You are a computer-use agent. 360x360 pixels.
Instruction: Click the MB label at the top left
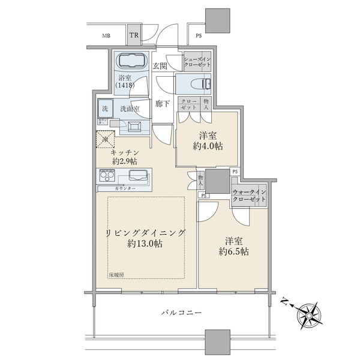click(106, 36)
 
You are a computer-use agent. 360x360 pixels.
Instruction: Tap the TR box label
click(136, 36)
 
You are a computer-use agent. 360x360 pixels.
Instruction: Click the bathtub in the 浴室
click(130, 62)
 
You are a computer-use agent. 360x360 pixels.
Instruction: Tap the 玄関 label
click(159, 66)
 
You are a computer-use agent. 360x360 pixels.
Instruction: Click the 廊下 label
click(162, 103)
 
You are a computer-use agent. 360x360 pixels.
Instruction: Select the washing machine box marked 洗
click(104, 109)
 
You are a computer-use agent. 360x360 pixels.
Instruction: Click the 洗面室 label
click(129, 109)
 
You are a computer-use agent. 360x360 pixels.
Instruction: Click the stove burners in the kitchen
click(109, 176)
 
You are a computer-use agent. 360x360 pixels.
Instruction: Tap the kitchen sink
click(138, 176)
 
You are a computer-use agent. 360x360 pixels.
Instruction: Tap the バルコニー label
click(181, 313)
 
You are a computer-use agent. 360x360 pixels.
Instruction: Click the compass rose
click(311, 313)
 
